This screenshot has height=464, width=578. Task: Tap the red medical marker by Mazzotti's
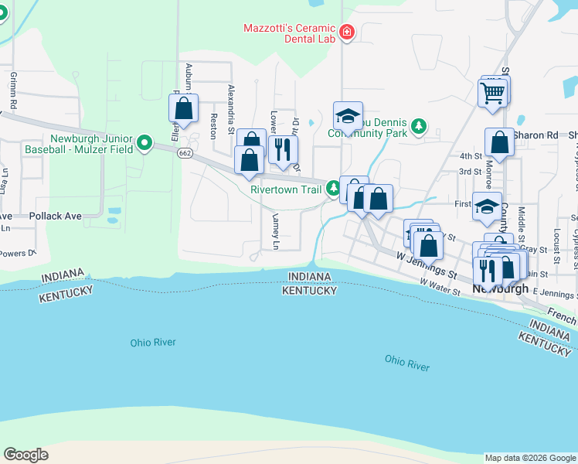346,32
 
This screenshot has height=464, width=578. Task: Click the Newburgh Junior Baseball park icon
144,143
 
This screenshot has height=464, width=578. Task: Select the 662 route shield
184,153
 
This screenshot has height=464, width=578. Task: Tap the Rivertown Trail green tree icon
334,188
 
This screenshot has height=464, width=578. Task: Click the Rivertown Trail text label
285,188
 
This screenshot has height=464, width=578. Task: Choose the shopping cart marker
492,94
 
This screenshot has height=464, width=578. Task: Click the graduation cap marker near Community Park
348,116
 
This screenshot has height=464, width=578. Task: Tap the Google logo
25,455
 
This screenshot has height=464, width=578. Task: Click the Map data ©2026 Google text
529,458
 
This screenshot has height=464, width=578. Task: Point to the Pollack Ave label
56,217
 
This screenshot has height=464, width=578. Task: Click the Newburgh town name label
500,288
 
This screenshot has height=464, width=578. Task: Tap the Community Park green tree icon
418,126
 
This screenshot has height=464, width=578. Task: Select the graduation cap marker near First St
487,206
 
